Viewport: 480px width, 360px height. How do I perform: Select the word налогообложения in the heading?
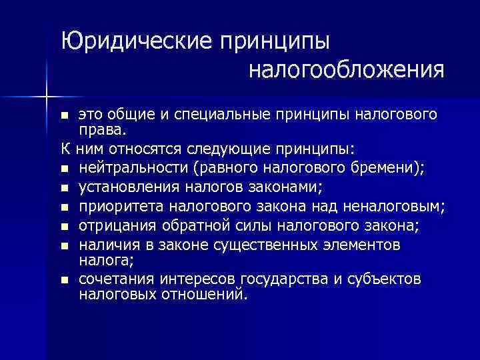(x=346, y=69)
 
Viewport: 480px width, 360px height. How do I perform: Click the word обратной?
(x=189, y=227)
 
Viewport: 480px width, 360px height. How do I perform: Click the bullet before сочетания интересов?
(x=64, y=279)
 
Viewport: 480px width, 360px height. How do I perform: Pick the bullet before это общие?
(x=64, y=115)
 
